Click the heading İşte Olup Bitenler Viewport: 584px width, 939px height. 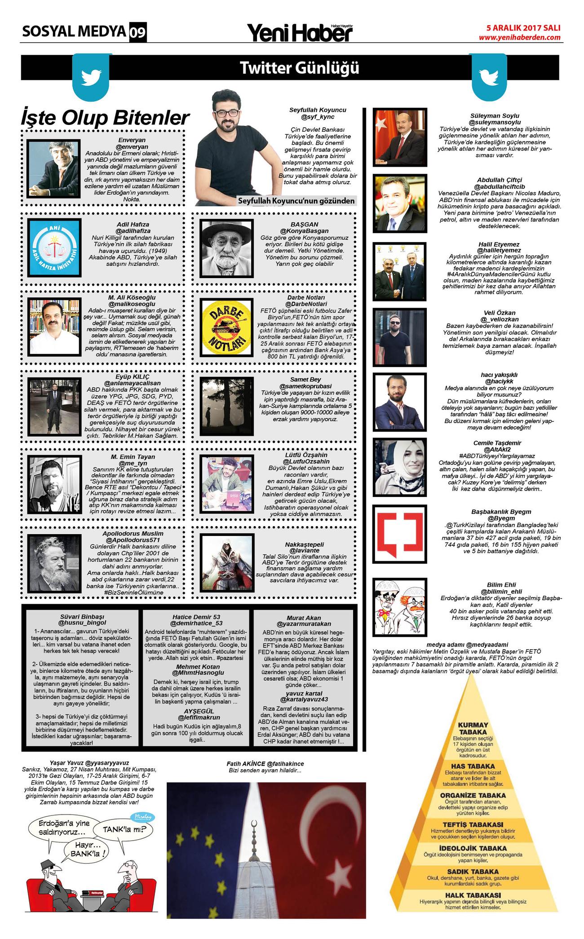point(105,118)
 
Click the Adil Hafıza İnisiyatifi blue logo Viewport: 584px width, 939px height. point(54,247)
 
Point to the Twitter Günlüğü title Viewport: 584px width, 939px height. point(300,68)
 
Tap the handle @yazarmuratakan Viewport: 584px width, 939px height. point(304,624)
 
